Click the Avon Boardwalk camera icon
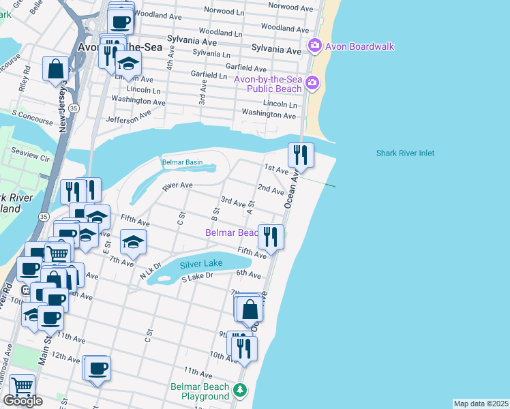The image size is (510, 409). pos(314,46)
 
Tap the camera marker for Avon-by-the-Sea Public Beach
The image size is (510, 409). pos(312,84)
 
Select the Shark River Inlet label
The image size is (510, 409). pos(405,153)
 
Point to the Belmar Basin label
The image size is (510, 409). pos(182,162)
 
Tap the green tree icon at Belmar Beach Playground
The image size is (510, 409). pos(239,390)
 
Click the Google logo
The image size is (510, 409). pos(22,401)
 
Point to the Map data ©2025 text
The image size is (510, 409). pos(481,404)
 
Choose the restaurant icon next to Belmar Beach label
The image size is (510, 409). pos(271,237)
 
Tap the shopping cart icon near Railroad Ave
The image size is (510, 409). pos(22,387)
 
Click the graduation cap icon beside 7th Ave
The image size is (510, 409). pos(134,242)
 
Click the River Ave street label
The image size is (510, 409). pos(177,185)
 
